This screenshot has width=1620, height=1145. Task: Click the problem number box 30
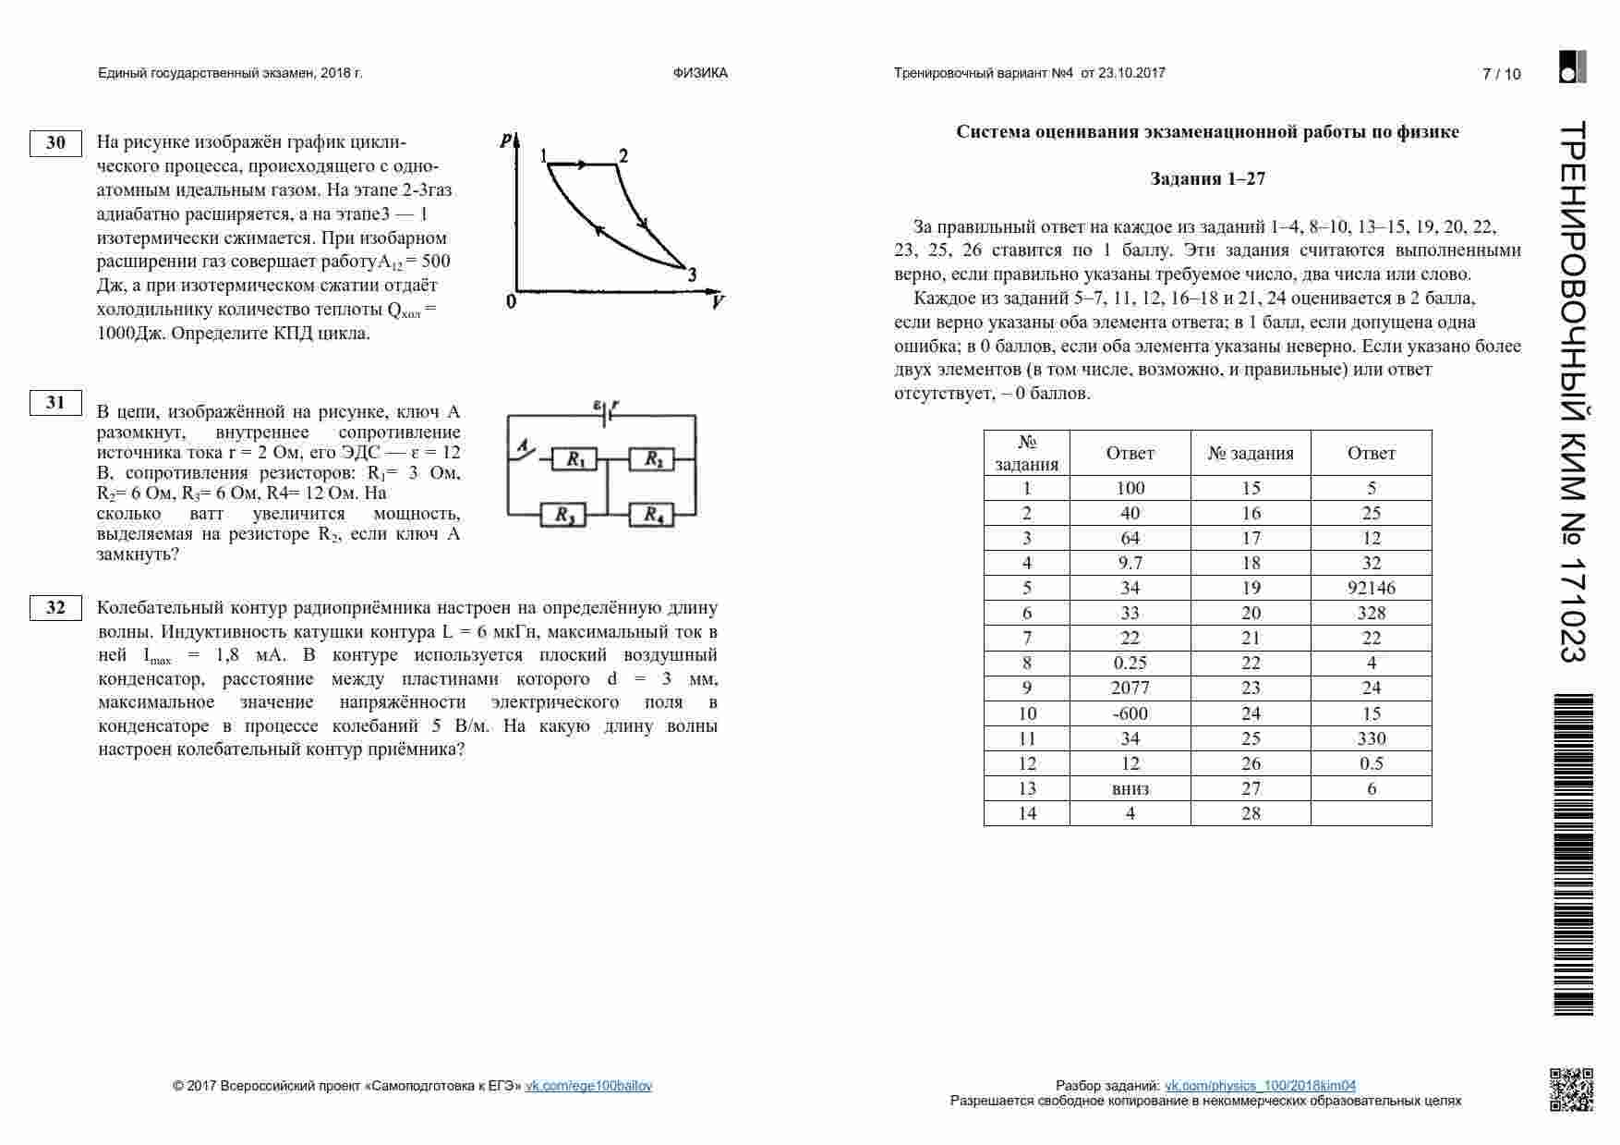coord(55,143)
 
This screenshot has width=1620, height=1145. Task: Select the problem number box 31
coord(55,403)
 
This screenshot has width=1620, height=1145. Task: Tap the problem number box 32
coord(55,608)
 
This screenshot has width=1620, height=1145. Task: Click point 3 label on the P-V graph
coord(692,274)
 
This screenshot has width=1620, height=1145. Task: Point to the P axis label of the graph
coord(505,141)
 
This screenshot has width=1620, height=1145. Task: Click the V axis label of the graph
coord(718,302)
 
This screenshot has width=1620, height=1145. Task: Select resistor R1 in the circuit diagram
coord(574,459)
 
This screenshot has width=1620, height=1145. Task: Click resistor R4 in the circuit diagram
coord(651,515)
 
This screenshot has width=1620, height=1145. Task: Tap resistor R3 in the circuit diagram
coord(563,515)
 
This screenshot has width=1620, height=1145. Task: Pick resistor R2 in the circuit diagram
coord(651,459)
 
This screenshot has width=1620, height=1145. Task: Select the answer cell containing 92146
coord(1371,588)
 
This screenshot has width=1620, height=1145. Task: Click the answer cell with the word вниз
coord(1130,788)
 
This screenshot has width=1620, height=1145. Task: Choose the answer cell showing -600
coord(1130,713)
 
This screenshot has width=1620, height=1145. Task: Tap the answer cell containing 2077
coord(1130,688)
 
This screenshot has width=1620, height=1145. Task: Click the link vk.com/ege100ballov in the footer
coord(588,1086)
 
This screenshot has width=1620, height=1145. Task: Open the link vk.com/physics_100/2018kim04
coord(1260,1086)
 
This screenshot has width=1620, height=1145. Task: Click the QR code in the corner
coord(1570,1089)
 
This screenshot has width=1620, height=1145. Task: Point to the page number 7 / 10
coord(1501,75)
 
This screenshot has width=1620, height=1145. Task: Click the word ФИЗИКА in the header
coord(700,73)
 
